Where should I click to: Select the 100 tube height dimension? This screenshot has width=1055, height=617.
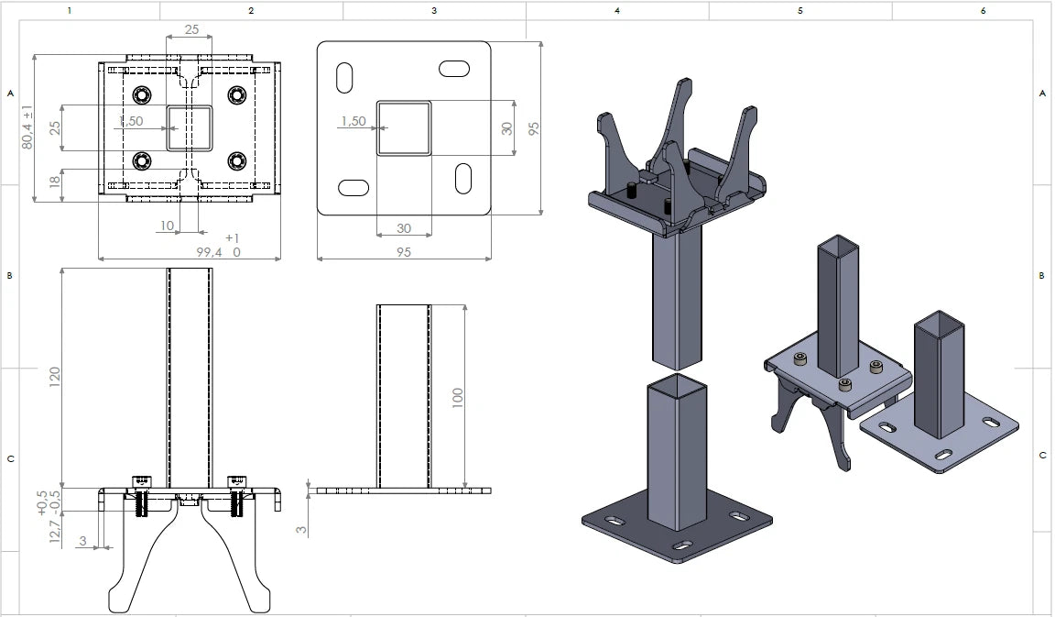(x=458, y=397)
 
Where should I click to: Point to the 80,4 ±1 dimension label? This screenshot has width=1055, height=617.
(x=27, y=127)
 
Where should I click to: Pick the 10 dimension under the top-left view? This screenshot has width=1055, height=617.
(x=167, y=226)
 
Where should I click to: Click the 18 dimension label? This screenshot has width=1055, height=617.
(x=55, y=180)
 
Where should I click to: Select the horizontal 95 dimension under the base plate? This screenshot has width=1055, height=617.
(x=404, y=252)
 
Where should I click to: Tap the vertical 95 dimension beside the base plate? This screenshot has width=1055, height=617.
(x=534, y=128)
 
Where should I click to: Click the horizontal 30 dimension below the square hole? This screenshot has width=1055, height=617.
(x=404, y=228)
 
